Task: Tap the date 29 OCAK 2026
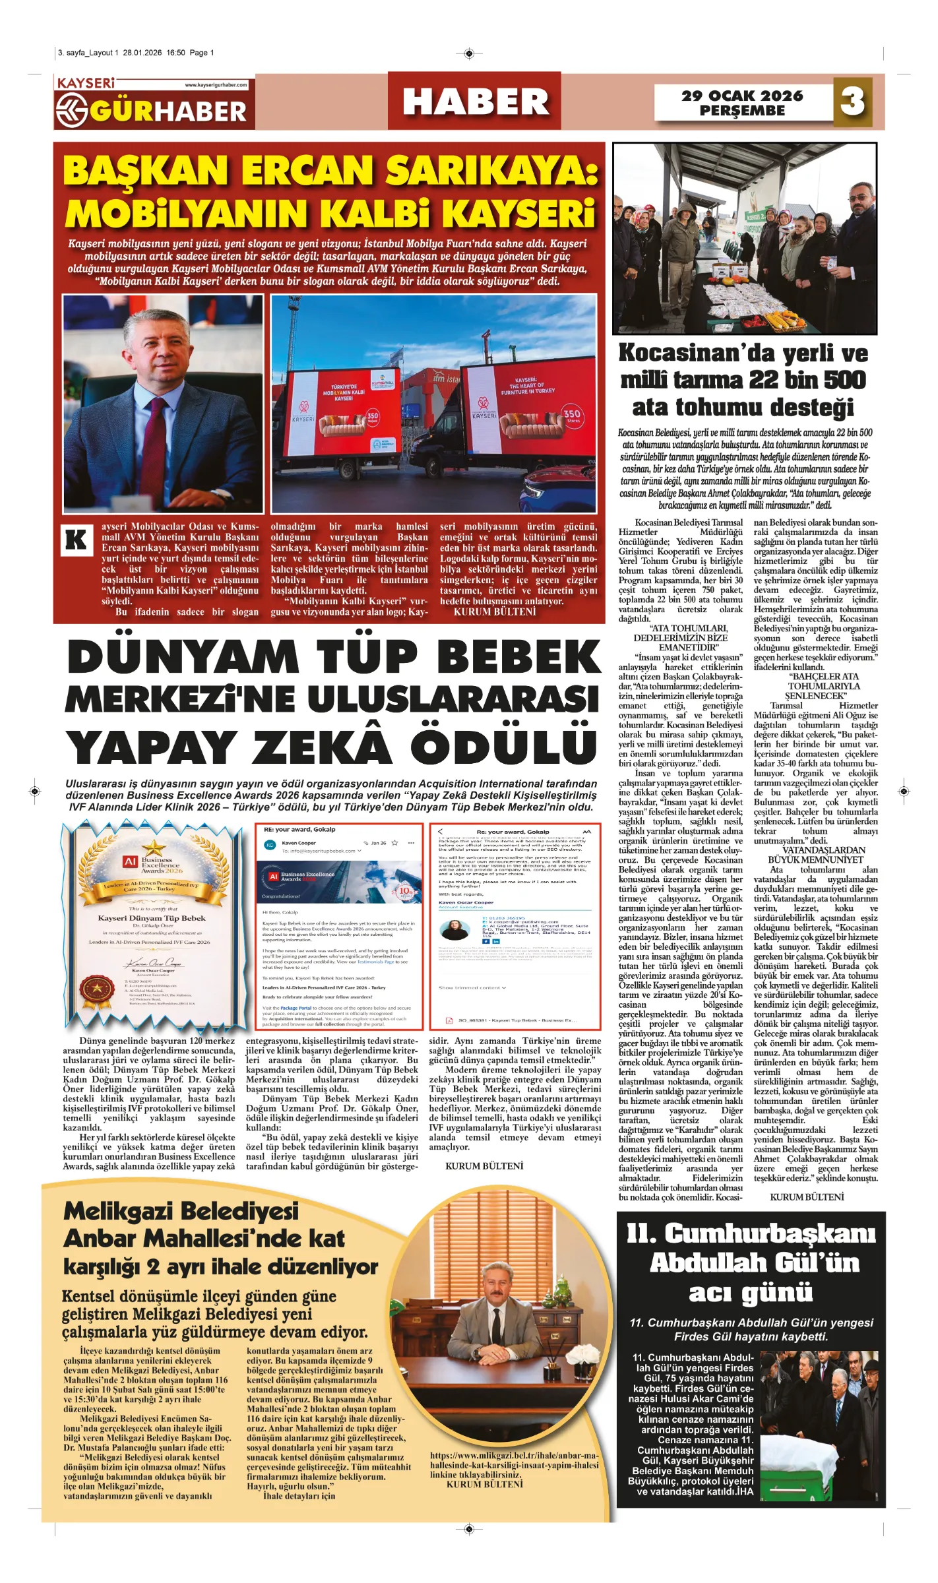(742, 96)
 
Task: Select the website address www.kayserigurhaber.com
(216, 84)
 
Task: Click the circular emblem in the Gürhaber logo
(71, 110)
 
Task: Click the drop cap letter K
(76, 540)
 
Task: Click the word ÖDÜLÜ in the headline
(504, 746)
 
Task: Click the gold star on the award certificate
(154, 848)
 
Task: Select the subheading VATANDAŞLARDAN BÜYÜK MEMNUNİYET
(815, 855)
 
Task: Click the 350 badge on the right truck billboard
(571, 415)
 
